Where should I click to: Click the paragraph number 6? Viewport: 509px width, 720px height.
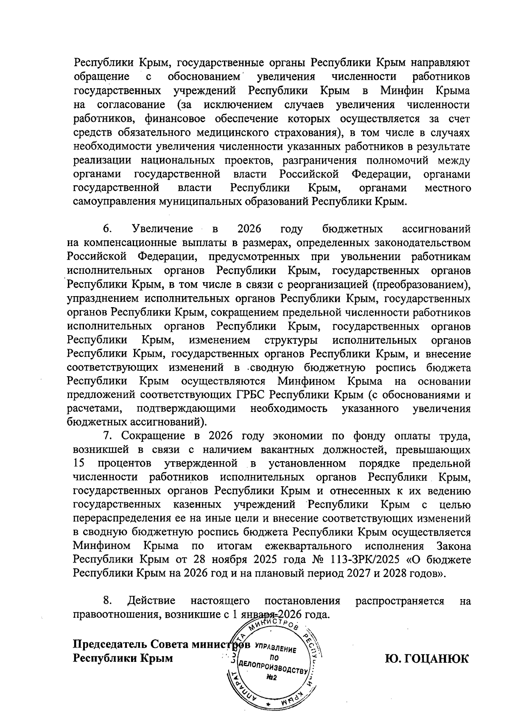(x=107, y=230)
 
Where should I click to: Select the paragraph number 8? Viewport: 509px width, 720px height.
(x=107, y=601)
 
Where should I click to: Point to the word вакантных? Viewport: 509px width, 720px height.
(x=302, y=449)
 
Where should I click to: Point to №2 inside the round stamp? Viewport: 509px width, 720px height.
(x=271, y=678)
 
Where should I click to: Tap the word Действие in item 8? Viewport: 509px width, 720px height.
(x=151, y=601)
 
